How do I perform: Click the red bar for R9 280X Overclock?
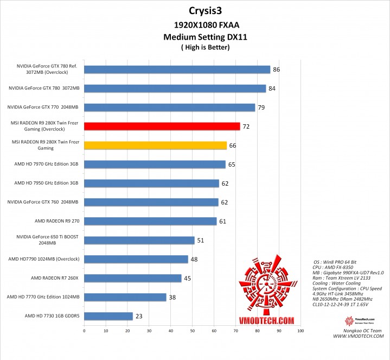click(162, 127)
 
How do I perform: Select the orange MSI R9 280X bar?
click(155, 146)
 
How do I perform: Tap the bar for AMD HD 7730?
click(108, 316)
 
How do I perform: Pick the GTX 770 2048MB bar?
click(169, 108)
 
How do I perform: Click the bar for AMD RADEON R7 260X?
click(132, 278)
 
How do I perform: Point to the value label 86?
click(276, 70)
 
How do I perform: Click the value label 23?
click(139, 316)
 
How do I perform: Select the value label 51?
click(200, 241)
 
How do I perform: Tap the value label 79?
click(261, 108)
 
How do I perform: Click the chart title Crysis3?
click(206, 10)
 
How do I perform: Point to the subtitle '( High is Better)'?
click(206, 47)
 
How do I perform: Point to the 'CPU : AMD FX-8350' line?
click(333, 267)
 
